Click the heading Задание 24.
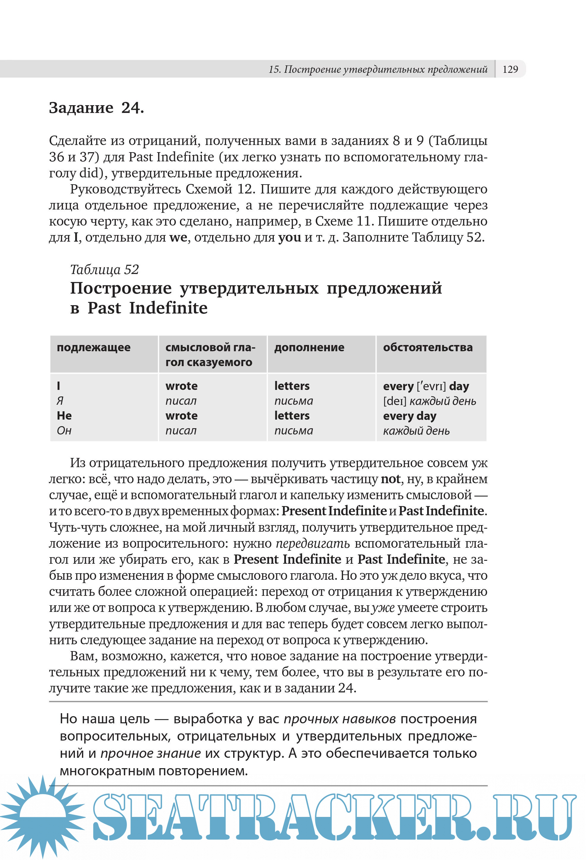click(x=96, y=108)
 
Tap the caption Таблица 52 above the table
click(x=104, y=270)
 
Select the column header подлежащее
click(x=94, y=347)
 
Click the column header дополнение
click(x=309, y=347)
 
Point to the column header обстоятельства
click(x=428, y=347)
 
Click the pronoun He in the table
click(x=64, y=415)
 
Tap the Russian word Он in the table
click(x=64, y=430)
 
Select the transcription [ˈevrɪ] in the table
click(x=431, y=386)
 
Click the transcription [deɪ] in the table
click(x=394, y=401)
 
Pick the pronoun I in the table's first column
click(x=59, y=386)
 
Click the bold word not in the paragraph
click(x=390, y=479)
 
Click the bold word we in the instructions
click(x=178, y=237)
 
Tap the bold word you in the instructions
click(x=289, y=237)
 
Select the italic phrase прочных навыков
click(x=339, y=718)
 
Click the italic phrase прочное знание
click(x=151, y=753)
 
